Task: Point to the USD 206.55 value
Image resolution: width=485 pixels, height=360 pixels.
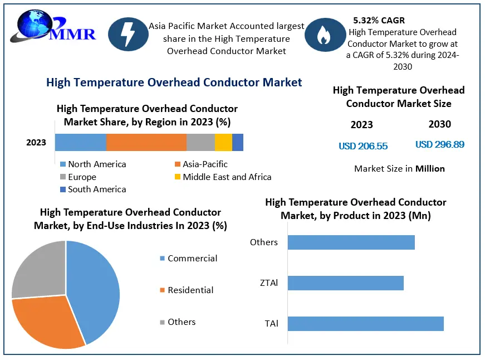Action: (363, 146)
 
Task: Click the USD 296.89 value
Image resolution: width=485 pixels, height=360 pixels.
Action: (440, 144)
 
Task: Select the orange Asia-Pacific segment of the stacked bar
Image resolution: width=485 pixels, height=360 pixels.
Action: (146, 143)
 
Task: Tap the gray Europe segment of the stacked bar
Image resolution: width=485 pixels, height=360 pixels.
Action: (200, 143)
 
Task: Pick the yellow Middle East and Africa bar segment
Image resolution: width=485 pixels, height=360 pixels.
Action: (223, 143)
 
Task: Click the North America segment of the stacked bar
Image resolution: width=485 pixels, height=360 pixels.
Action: (80, 143)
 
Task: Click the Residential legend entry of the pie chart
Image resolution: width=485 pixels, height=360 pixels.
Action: (190, 290)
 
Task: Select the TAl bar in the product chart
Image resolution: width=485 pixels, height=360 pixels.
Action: (365, 324)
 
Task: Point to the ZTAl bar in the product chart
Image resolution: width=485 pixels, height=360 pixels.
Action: (345, 283)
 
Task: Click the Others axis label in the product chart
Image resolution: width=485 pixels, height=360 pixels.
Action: (264, 242)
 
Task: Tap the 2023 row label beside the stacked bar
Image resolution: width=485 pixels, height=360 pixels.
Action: (36, 143)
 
